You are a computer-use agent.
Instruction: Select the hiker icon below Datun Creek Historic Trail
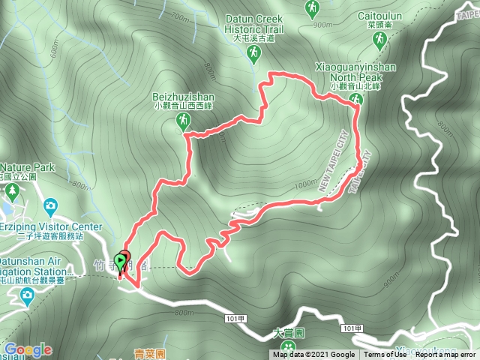click(x=253, y=52)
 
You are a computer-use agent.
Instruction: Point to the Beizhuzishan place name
click(x=184, y=97)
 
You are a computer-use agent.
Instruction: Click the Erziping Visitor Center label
click(x=52, y=226)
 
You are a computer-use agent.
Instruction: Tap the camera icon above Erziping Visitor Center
click(x=50, y=205)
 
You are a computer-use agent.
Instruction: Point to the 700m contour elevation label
click(x=181, y=16)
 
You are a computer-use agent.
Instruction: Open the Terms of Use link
click(x=383, y=355)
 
